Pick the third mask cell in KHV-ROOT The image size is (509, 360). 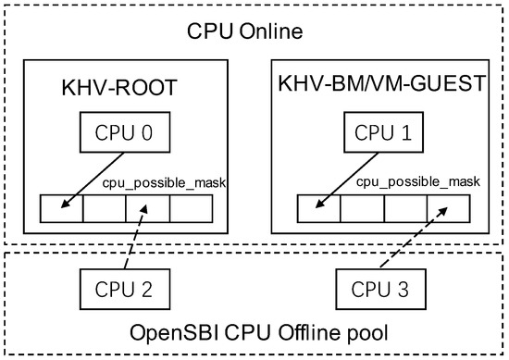coord(147,209)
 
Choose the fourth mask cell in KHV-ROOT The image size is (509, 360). coord(191,209)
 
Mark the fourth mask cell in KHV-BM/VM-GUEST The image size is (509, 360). coord(449,209)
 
